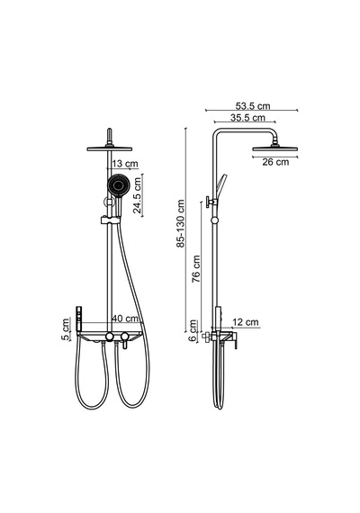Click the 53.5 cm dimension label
pos(253,106)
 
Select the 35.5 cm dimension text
pos(247,118)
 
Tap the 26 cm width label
pos(275,162)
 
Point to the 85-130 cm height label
pos(181,223)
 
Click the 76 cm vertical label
pos(195,269)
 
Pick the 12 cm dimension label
pos(245,322)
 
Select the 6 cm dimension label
pos(193,330)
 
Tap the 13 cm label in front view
pos(125,164)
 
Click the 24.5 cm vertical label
pos(137,195)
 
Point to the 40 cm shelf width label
pos(125,318)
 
